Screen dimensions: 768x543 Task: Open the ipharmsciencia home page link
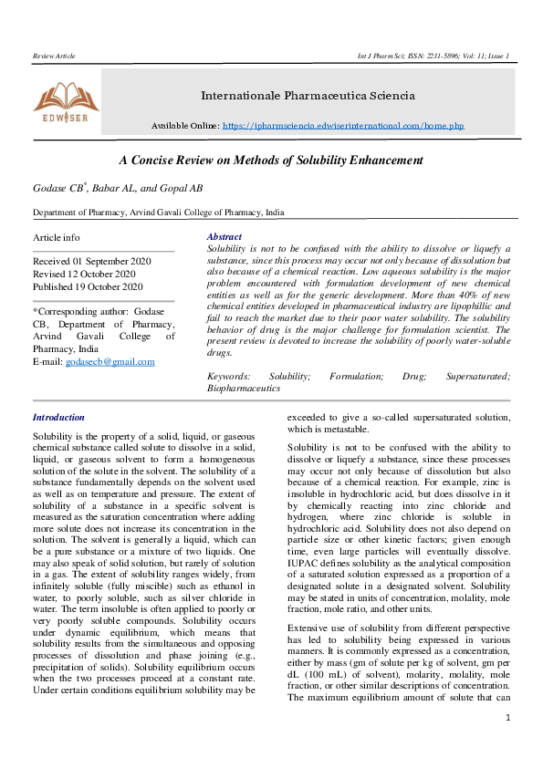pyautogui.click(x=343, y=125)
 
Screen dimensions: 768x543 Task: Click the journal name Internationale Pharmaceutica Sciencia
pyautogui.click(x=308, y=95)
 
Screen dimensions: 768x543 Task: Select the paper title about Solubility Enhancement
pyautogui.click(x=271, y=160)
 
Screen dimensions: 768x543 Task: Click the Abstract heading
pyautogui.click(x=225, y=236)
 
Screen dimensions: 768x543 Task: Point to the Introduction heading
pyautogui.click(x=58, y=417)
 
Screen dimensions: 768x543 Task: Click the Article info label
pyautogui.click(x=57, y=237)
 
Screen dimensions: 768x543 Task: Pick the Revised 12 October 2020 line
pyautogui.click(x=84, y=274)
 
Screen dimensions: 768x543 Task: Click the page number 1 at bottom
pyautogui.click(x=507, y=743)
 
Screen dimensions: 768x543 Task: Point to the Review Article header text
pyautogui.click(x=54, y=57)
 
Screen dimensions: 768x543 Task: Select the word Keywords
pyautogui.click(x=228, y=376)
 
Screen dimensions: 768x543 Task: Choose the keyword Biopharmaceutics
pyautogui.click(x=244, y=388)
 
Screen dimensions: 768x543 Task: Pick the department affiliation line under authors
pyautogui.click(x=158, y=213)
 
